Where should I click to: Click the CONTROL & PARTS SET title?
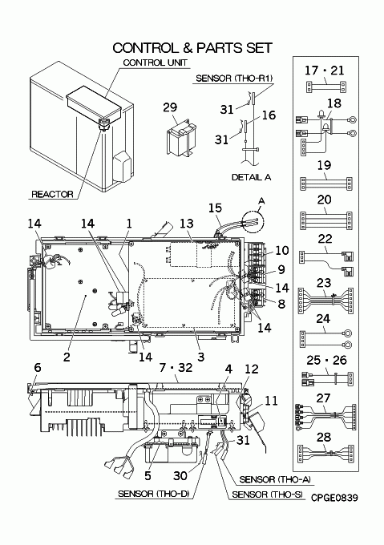(x=192, y=48)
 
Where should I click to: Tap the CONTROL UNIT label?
(x=155, y=63)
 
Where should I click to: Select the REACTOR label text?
(x=52, y=194)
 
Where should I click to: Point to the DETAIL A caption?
(x=251, y=177)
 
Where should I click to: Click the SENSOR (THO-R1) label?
(x=233, y=79)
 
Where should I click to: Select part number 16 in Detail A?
(x=269, y=115)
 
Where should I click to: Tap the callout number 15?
(x=215, y=208)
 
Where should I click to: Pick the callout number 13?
(x=186, y=223)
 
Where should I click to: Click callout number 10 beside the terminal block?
(x=282, y=250)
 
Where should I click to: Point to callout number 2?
(x=67, y=357)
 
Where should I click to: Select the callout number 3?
(x=200, y=357)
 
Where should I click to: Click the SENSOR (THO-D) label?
(x=153, y=494)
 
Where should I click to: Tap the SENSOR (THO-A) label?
(x=274, y=479)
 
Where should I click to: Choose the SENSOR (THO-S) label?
(x=267, y=495)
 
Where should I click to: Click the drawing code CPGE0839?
(x=334, y=498)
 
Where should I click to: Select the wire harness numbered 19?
(x=326, y=183)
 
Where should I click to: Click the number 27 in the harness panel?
(x=323, y=398)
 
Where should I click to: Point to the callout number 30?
(x=180, y=475)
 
